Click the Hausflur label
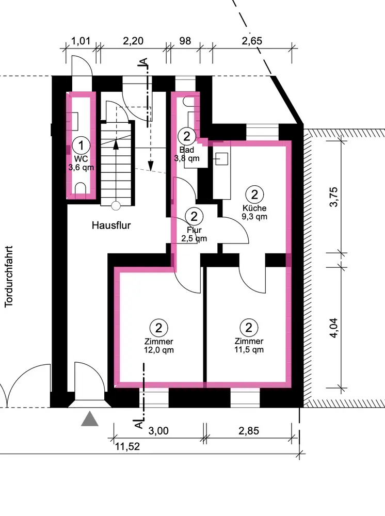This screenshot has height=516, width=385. [111, 225]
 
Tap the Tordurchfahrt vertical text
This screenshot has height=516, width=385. [9, 277]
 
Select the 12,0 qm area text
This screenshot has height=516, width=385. [158, 350]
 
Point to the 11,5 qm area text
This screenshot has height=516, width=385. [249, 349]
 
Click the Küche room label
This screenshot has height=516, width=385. [254, 208]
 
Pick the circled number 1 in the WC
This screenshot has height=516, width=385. [81, 145]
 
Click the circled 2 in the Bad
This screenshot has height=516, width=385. [187, 136]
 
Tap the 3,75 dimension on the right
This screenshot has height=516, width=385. [333, 197]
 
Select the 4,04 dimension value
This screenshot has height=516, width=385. [333, 328]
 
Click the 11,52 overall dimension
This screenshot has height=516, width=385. [127, 446]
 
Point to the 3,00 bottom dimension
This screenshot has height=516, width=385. [158, 431]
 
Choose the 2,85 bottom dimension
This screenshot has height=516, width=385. [249, 431]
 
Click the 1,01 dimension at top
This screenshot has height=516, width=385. [81, 41]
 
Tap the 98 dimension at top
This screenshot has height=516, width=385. [185, 41]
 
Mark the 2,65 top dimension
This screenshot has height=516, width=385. [252, 41]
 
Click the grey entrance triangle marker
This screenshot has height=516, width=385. [90, 420]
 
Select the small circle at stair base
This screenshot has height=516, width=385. [116, 206]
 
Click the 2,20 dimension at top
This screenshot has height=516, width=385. [133, 41]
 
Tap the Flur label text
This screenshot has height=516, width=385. [194, 230]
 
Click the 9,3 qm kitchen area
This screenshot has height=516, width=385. [254, 217]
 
